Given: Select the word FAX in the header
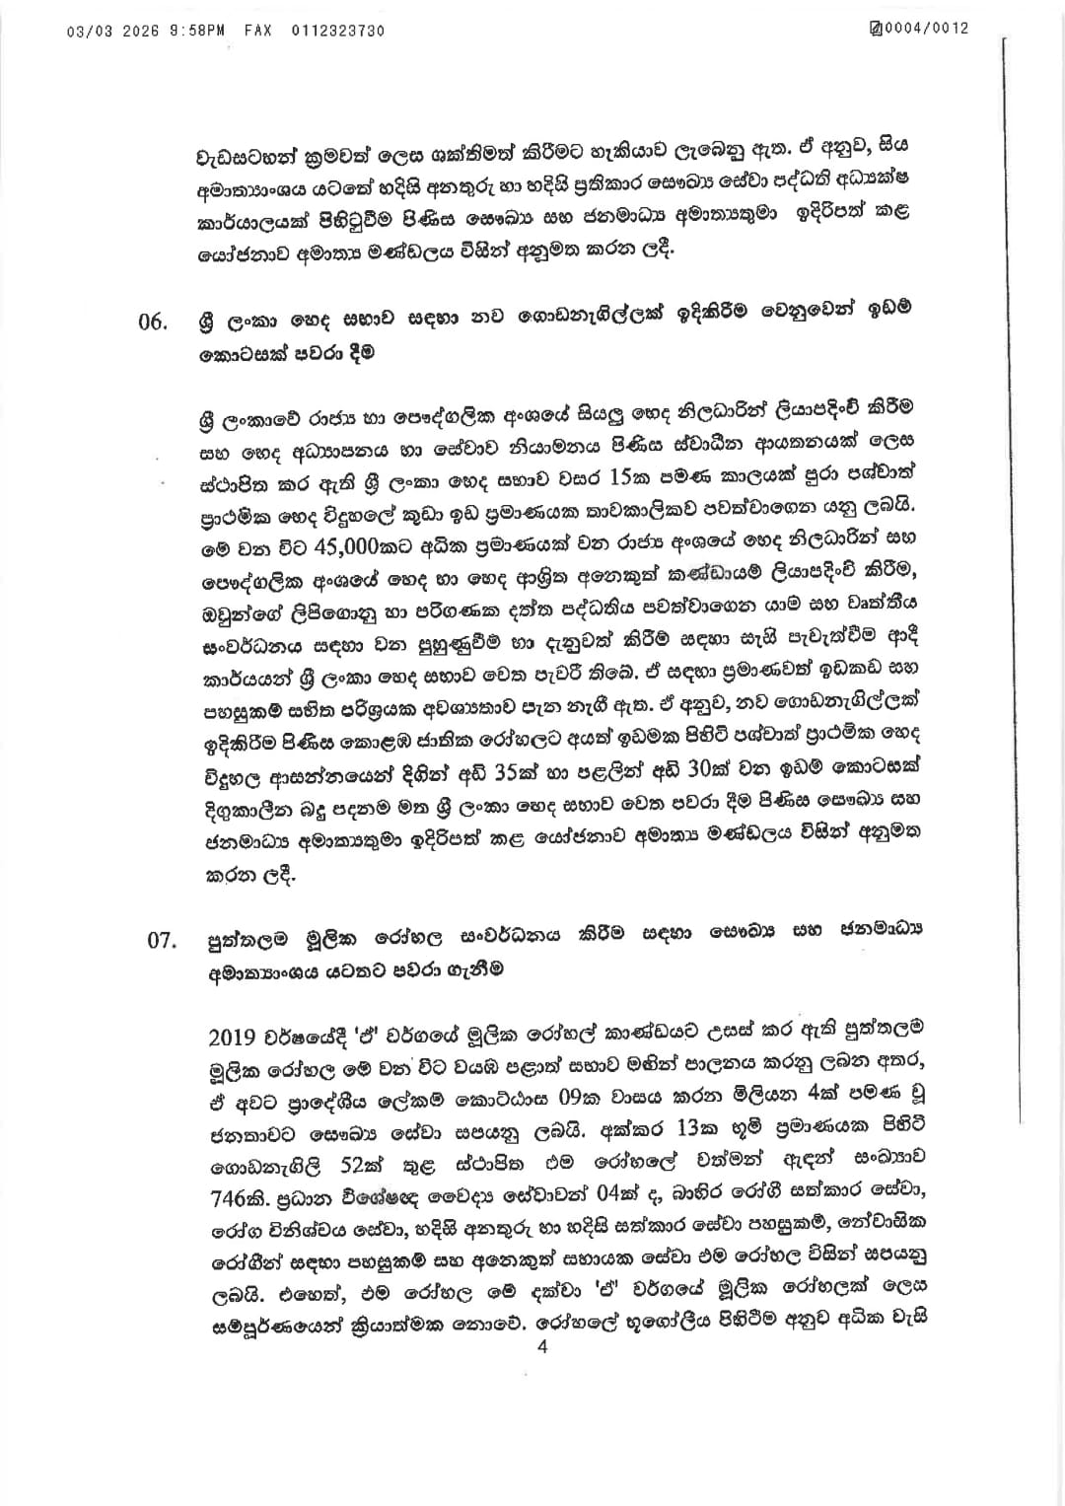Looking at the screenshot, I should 258,31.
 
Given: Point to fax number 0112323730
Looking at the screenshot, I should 338,31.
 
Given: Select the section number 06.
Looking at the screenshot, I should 154,323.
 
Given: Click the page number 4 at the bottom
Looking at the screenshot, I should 541,1348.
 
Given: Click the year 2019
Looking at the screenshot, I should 233,1038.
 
